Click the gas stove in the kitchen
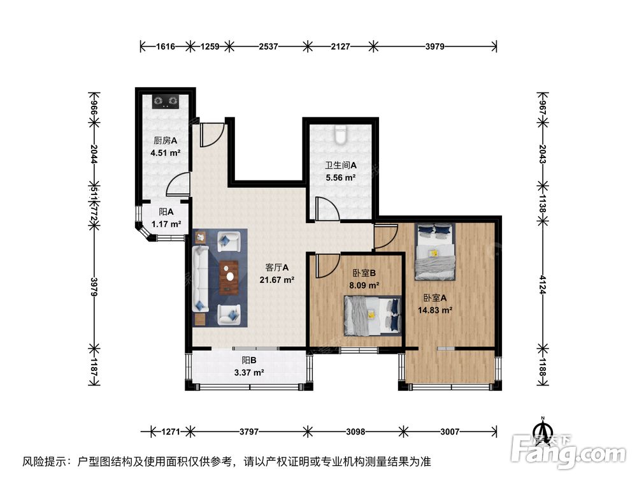tap(166, 101)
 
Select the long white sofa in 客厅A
tap(199, 279)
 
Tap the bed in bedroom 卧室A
tap(435, 252)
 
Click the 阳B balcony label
tap(249, 361)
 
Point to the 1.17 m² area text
tap(166, 224)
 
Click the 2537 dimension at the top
tap(268, 46)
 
